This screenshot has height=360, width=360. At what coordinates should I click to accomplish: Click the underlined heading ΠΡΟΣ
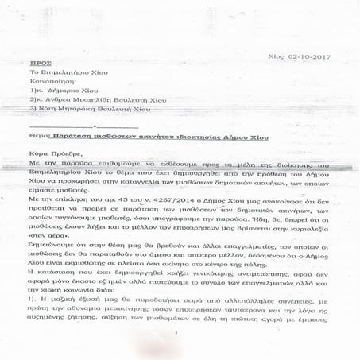49,60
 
